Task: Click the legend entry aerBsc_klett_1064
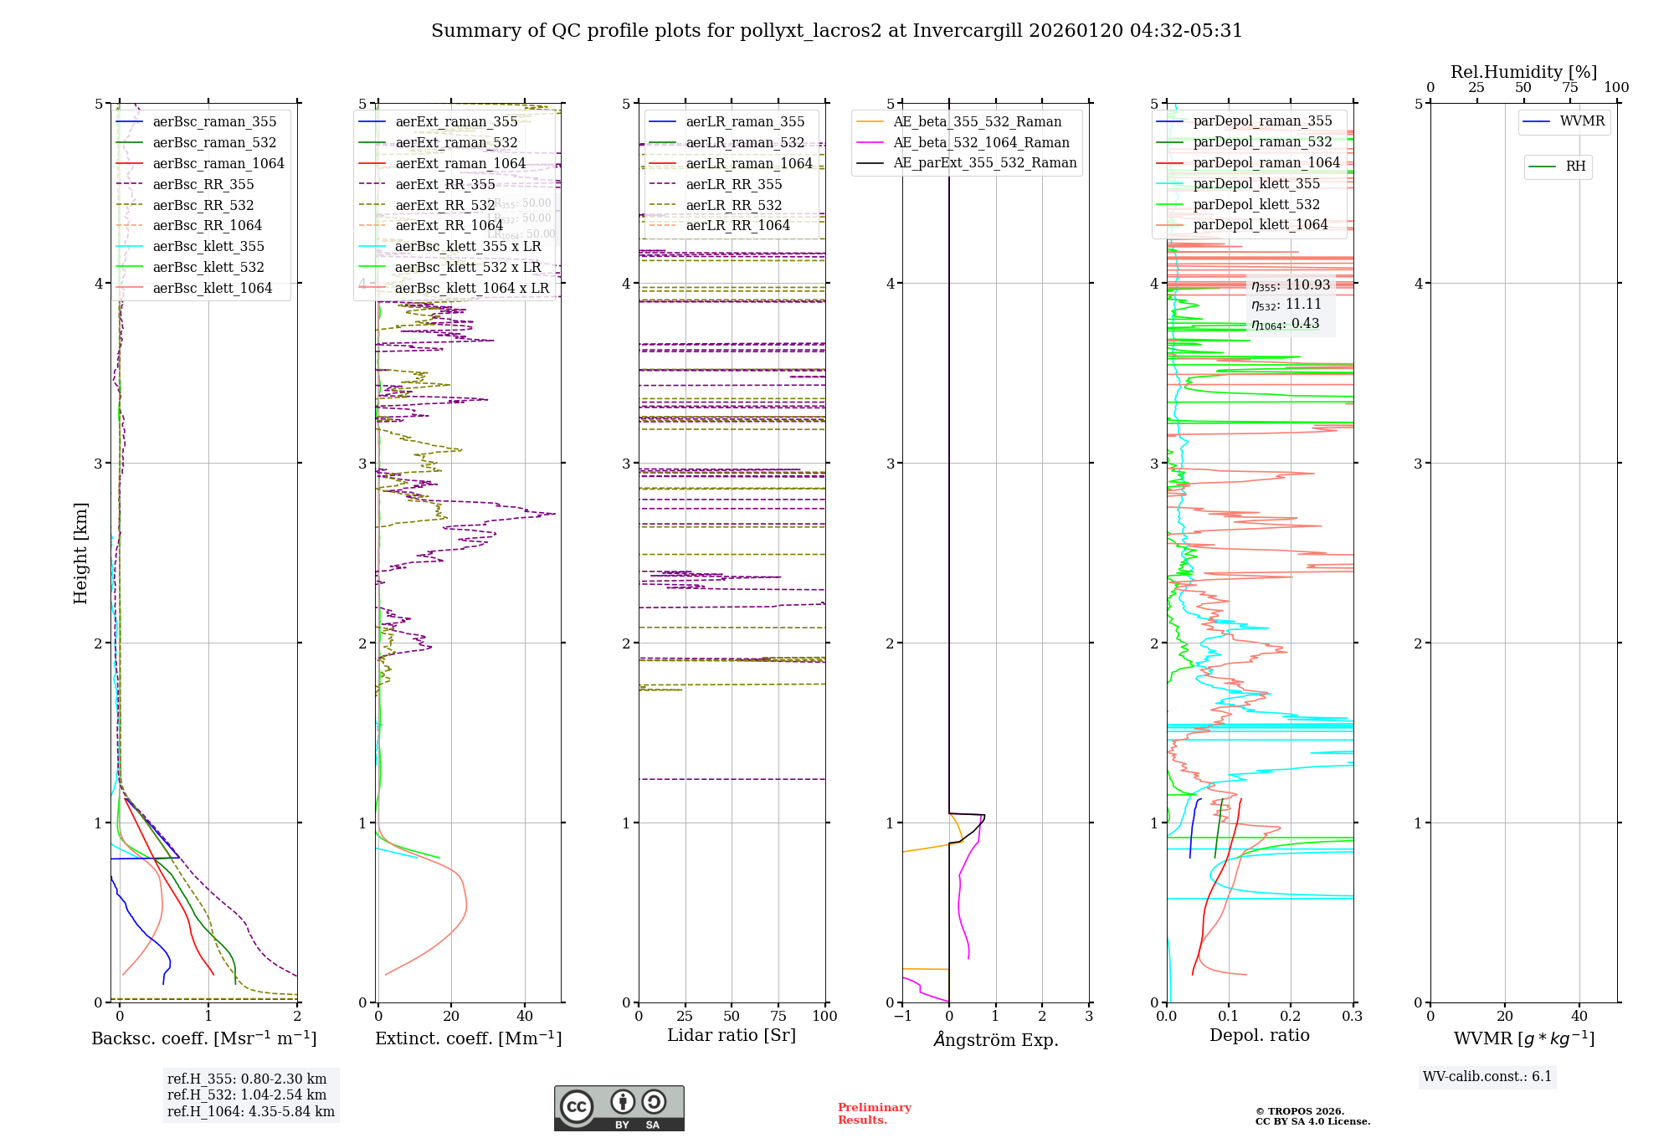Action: pos(212,288)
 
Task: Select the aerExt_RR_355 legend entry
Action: pos(444,184)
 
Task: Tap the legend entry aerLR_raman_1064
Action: pos(748,163)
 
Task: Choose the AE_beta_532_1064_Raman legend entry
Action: pos(980,142)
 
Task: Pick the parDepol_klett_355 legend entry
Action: pos(1255,183)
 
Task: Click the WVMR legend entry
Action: pos(1581,121)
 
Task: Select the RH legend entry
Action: pos(1574,167)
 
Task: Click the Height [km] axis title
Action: pos(80,553)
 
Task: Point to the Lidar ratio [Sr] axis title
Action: pos(731,1035)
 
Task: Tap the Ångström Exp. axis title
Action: pos(995,1039)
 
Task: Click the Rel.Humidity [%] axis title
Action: pos(1523,72)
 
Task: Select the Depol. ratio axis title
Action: pos(1259,1035)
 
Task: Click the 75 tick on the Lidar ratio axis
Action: pos(778,1016)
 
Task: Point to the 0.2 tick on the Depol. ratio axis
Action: pos(1290,1016)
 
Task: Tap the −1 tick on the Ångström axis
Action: pos(901,1016)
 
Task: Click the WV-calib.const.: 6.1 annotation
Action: pos(1487,1076)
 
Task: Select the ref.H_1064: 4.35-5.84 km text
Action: pos(250,1111)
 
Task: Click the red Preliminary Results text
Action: pos(874,1113)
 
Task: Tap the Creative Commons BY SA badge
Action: pos(619,1108)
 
